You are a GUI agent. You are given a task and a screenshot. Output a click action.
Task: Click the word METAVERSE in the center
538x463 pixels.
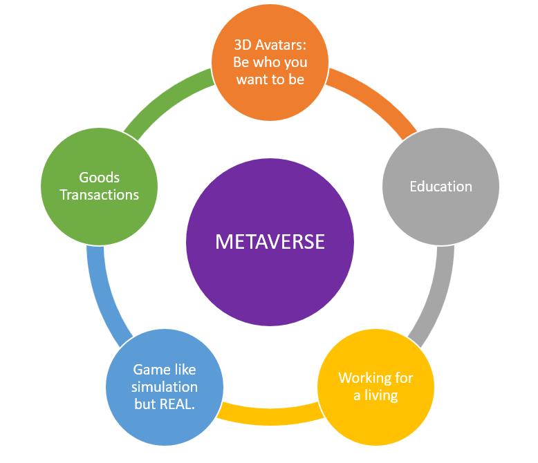pyautogui.click(x=270, y=242)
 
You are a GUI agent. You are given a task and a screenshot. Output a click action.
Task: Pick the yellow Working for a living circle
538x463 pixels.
pyautogui.click(x=375, y=415)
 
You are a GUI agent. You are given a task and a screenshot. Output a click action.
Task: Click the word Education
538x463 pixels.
pyautogui.click(x=440, y=187)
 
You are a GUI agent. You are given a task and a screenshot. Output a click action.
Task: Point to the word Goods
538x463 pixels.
pyautogui.click(x=99, y=178)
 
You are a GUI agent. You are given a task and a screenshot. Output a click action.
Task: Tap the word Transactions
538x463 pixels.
pyautogui.click(x=99, y=195)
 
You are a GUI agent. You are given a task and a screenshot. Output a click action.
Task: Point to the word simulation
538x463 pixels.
pyautogui.click(x=165, y=386)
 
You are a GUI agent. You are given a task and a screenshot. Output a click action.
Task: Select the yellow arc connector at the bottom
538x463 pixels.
pyautogui.click(x=270, y=413)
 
